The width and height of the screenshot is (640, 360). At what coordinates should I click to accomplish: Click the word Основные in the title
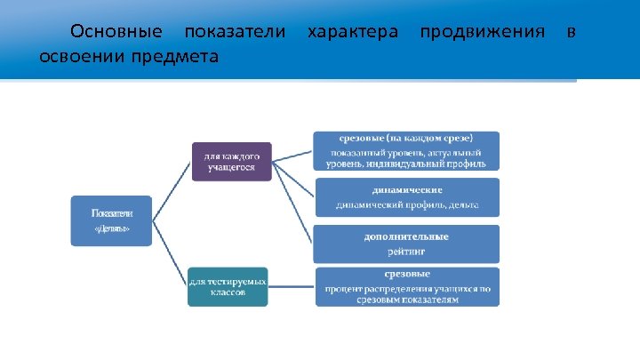click(x=116, y=32)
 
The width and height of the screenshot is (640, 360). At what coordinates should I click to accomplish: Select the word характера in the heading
click(x=352, y=32)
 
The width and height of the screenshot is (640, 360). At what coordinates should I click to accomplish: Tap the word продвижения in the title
click(x=482, y=32)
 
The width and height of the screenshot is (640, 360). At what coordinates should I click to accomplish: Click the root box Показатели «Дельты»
click(x=111, y=220)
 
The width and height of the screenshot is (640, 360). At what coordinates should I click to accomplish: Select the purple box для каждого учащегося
click(x=231, y=161)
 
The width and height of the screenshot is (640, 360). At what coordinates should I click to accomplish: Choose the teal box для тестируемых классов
click(x=228, y=287)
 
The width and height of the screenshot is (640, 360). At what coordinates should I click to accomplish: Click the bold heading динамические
click(x=406, y=189)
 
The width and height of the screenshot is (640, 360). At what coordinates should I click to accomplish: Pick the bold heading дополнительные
click(x=406, y=236)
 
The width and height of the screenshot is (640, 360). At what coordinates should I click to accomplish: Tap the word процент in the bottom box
click(x=342, y=289)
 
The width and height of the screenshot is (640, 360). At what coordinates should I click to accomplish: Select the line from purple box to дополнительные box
click(x=292, y=203)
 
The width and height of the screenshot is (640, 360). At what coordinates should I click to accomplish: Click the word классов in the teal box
click(x=228, y=292)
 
